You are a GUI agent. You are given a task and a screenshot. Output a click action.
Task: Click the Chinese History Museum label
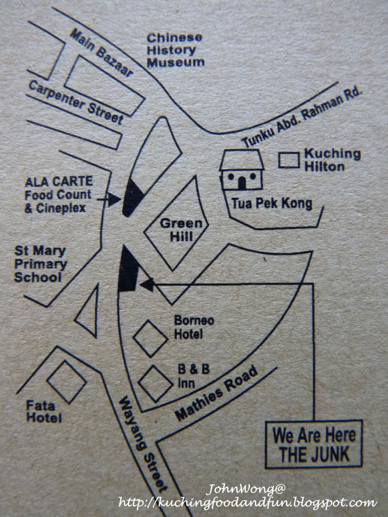point(175,50)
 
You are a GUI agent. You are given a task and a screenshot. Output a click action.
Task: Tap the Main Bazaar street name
point(101,53)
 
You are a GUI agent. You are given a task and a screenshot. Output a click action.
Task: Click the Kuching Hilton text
point(332,160)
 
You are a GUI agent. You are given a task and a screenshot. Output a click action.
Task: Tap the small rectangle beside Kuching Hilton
point(289,160)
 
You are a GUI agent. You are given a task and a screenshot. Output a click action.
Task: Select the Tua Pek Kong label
point(271,204)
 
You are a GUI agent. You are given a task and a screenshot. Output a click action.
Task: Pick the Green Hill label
point(180,229)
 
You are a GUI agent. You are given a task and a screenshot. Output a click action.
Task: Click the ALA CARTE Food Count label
point(59,194)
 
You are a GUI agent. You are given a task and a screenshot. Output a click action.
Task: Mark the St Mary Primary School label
point(40,264)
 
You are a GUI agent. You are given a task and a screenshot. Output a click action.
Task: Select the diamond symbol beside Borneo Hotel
point(150,338)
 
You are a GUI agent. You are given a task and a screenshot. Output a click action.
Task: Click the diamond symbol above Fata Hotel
point(66,382)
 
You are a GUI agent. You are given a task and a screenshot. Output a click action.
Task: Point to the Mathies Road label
point(217,392)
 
